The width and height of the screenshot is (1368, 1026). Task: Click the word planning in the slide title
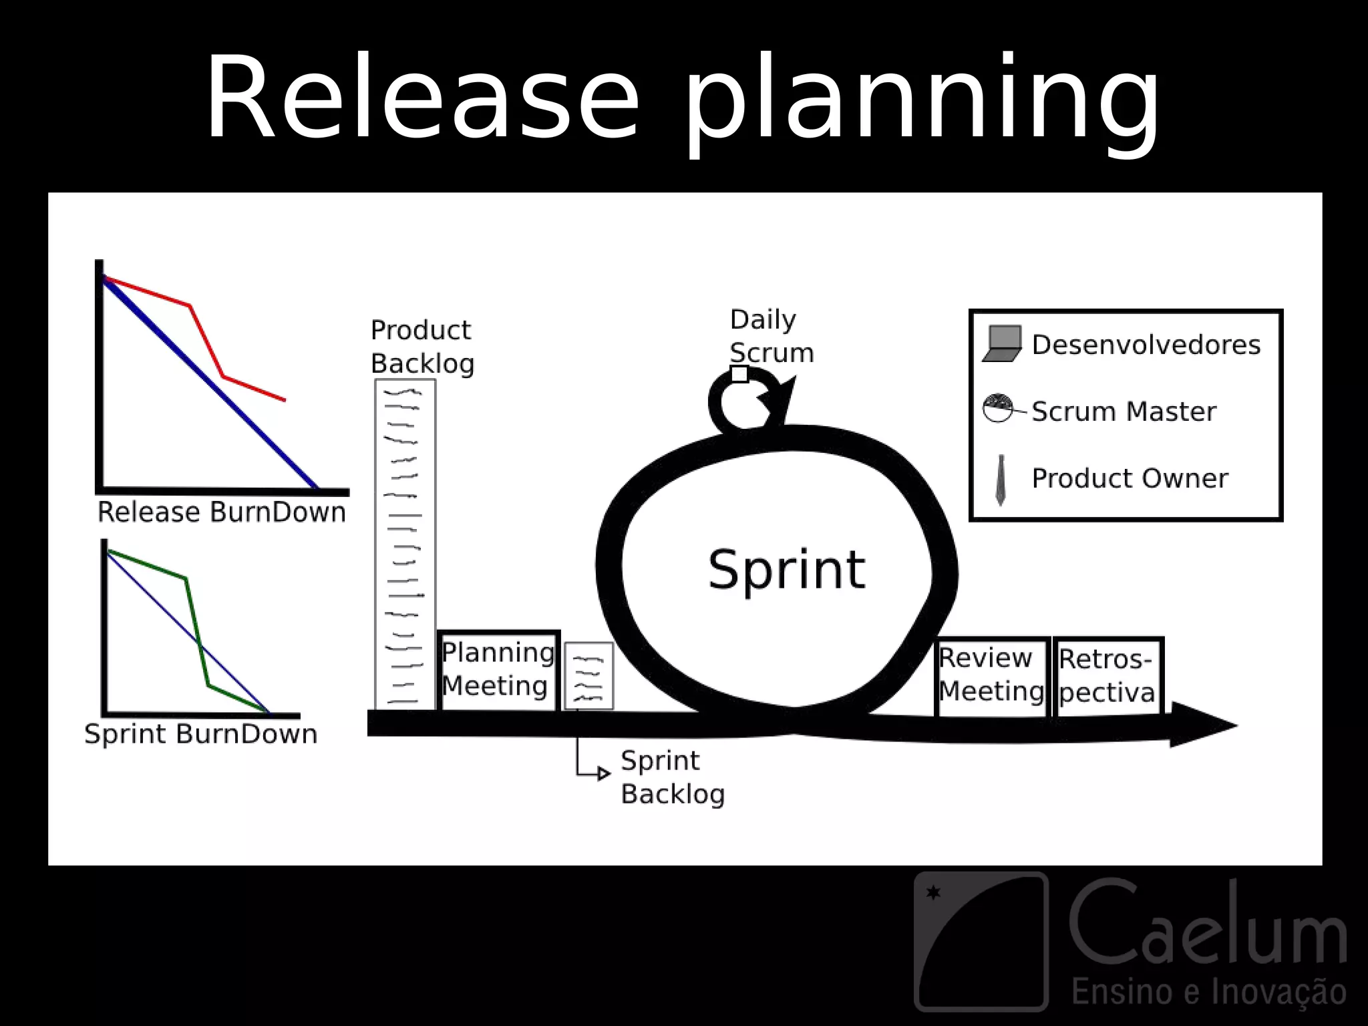(x=922, y=100)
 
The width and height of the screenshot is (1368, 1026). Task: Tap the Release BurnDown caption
(x=221, y=512)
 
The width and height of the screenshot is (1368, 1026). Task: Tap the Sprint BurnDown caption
(x=200, y=734)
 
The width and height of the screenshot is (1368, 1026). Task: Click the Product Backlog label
(x=422, y=347)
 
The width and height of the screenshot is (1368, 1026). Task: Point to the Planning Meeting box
(x=498, y=670)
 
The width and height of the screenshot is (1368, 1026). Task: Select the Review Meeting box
(x=991, y=676)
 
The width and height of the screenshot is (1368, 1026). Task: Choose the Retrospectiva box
(x=1107, y=677)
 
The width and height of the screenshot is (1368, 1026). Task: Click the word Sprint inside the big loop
(x=786, y=570)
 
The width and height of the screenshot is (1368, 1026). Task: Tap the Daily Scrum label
(x=771, y=336)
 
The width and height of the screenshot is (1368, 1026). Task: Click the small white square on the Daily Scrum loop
(x=739, y=374)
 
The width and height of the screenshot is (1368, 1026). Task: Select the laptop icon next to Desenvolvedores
(x=1003, y=344)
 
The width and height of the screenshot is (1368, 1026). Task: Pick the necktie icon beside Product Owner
(x=1001, y=480)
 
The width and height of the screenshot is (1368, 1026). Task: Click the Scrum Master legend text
(x=1124, y=411)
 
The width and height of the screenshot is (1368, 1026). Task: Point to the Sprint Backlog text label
(x=671, y=778)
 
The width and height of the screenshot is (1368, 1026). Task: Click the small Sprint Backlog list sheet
(x=588, y=675)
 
